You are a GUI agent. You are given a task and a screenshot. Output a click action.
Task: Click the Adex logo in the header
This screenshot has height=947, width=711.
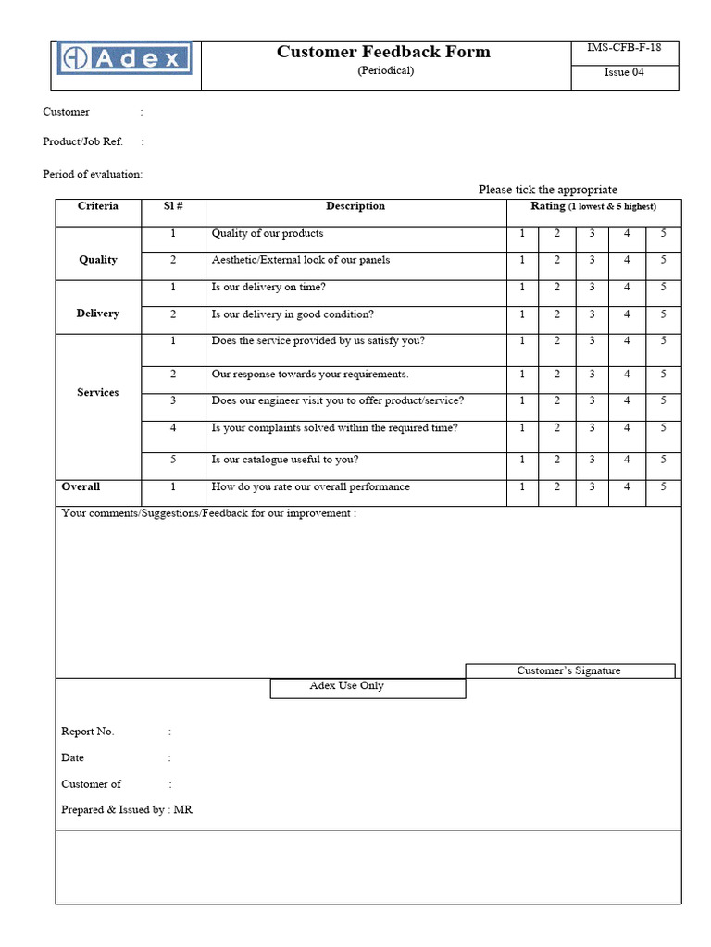(x=124, y=59)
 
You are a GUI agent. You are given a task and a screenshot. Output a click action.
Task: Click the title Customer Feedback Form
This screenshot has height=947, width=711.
(x=383, y=52)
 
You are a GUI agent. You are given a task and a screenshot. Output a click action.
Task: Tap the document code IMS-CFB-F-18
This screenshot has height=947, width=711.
(x=624, y=48)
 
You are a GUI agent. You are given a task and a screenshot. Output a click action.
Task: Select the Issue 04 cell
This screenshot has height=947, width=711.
(x=624, y=72)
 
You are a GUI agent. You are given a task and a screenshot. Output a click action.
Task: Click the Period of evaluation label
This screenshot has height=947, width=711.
(x=93, y=174)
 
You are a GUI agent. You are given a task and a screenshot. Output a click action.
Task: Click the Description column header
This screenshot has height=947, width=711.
(x=355, y=206)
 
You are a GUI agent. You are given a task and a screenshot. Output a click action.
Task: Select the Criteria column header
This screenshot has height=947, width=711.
(x=98, y=206)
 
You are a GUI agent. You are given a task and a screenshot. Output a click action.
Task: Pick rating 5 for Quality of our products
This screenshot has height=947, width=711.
(x=663, y=233)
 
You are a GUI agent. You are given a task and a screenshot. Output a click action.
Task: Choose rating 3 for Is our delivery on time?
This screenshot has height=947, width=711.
(x=592, y=287)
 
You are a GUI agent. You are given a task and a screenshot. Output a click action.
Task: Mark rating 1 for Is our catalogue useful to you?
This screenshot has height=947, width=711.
(x=522, y=460)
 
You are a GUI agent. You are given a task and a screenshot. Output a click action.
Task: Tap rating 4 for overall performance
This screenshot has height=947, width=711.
(x=627, y=486)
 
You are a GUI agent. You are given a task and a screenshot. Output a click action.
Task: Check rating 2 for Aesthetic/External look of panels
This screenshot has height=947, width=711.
(x=556, y=260)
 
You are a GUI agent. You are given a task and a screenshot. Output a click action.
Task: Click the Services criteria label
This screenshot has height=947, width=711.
(x=98, y=393)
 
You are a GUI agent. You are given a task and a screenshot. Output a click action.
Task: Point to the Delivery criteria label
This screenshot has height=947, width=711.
(x=98, y=314)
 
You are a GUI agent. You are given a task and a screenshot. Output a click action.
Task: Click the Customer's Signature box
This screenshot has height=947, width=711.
(x=569, y=670)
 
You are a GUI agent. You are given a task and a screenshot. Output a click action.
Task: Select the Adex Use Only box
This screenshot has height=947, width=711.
(x=368, y=687)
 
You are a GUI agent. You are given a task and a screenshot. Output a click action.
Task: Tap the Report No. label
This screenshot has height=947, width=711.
(x=88, y=732)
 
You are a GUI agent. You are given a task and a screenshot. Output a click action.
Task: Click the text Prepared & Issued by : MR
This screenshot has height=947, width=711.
(x=127, y=809)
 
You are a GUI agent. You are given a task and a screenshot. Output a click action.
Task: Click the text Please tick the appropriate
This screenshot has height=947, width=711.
(x=547, y=190)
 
